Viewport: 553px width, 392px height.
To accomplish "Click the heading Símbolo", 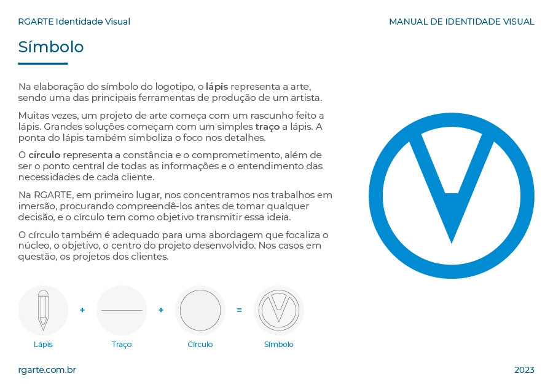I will coord(51,47).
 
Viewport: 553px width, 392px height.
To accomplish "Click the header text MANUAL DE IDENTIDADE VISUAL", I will coord(461,22).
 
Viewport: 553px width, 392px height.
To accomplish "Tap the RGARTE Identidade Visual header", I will coord(74,22).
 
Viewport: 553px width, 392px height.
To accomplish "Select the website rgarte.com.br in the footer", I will coord(47,370).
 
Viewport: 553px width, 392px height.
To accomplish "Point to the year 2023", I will coord(524,370).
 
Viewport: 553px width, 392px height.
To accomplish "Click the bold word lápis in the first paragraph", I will coord(216,87).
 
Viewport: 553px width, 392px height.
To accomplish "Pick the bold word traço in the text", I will coord(267,127).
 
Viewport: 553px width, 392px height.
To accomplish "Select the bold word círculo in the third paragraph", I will coord(44,155).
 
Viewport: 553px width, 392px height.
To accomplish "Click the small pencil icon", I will coord(43,310).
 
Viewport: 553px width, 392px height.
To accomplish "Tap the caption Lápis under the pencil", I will coord(43,345).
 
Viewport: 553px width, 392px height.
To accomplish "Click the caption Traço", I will coord(122,345).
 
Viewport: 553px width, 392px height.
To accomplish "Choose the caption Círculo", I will coord(200,345).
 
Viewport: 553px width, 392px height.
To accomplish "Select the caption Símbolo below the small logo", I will coord(279,345).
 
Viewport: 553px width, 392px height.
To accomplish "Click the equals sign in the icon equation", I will coord(239,310).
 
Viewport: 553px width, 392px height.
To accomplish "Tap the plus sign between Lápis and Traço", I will coord(82,310).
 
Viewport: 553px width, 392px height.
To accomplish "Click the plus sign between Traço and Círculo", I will coord(161,310).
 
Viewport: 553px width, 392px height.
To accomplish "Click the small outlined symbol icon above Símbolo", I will coord(279,310).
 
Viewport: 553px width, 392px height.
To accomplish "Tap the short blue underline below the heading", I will coord(43,63).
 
